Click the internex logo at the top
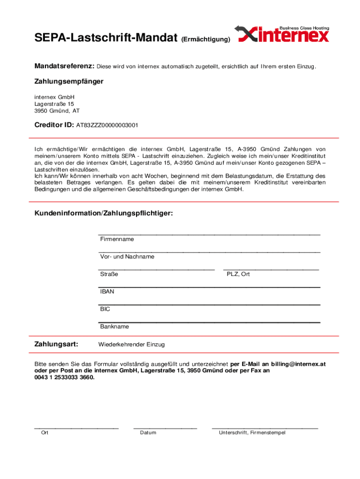[x=283, y=34]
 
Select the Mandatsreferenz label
[x=65, y=66]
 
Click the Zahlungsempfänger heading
[x=69, y=81]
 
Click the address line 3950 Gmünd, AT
[x=57, y=111]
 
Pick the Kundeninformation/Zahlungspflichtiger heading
[x=103, y=213]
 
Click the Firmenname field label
[x=117, y=239]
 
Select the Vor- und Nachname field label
[x=127, y=257]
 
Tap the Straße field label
[x=109, y=274]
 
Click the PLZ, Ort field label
[x=238, y=274]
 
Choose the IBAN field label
[x=107, y=291]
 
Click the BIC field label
[x=105, y=309]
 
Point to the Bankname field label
[x=115, y=327]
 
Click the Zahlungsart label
[x=56, y=344]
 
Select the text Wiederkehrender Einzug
[x=131, y=345]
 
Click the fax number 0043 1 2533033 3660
[x=64, y=377]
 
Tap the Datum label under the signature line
[x=148, y=433]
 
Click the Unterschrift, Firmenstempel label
[x=252, y=433]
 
